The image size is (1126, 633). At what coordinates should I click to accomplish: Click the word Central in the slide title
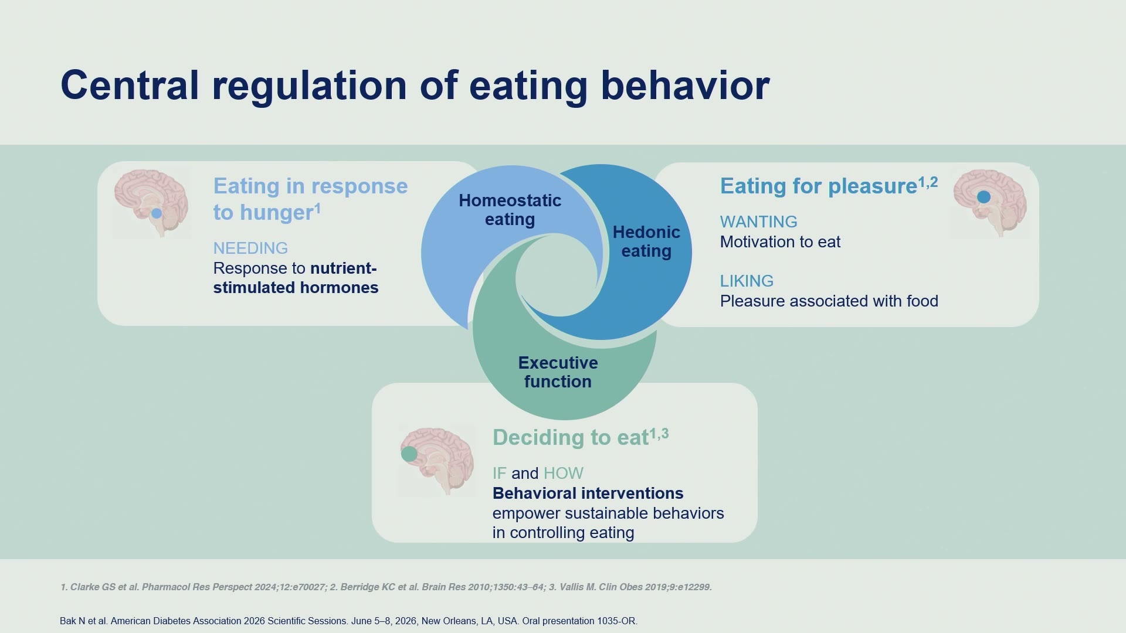point(130,85)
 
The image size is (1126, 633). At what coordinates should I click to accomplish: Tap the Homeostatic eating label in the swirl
point(510,210)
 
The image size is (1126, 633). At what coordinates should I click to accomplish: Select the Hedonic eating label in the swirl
point(646,241)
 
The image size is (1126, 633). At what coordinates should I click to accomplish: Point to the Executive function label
point(558,372)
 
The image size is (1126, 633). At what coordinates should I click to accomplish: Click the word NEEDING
point(250,248)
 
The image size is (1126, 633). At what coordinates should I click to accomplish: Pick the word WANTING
point(758,222)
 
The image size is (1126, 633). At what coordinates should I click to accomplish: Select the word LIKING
point(747,281)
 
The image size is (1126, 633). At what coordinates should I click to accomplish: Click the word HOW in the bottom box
point(563,473)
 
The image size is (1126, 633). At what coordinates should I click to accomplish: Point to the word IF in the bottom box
point(499,473)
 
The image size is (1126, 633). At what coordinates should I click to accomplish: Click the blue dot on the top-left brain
point(157,213)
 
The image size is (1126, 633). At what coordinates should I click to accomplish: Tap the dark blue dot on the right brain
point(983,197)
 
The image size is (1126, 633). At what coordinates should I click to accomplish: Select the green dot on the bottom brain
point(409,454)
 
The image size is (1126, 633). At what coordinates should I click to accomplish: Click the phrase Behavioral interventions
point(588,493)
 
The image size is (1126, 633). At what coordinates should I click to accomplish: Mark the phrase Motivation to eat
point(780,241)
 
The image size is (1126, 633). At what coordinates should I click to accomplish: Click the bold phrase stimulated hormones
point(296,287)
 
